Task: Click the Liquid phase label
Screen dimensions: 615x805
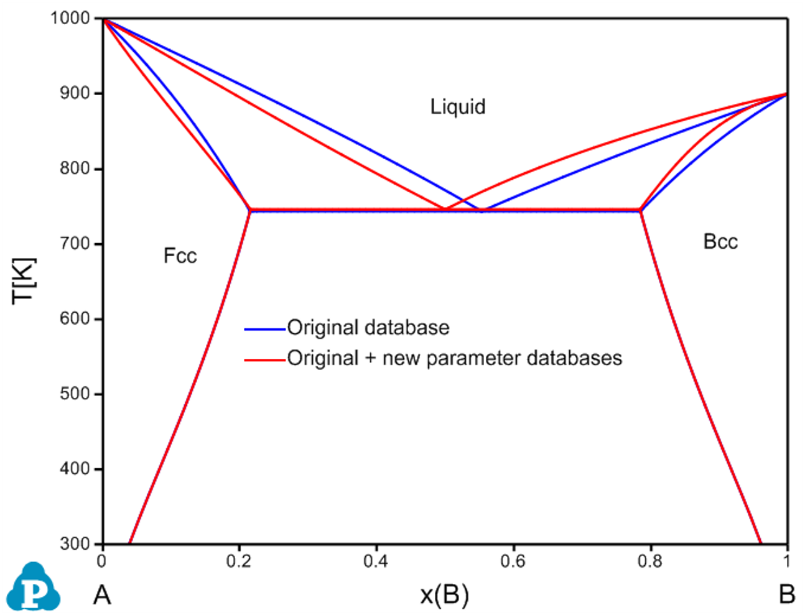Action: (458, 106)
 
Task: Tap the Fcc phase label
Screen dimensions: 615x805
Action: (180, 256)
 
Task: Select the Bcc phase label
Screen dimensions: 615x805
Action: (720, 241)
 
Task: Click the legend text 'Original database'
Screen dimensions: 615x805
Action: (368, 328)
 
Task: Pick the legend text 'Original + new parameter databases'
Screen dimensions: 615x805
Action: (455, 358)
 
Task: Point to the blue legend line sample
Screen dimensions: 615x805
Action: (265, 329)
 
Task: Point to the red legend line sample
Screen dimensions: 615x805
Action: (265, 359)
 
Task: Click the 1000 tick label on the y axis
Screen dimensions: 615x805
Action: (70, 18)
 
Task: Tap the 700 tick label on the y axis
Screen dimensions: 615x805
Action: (75, 244)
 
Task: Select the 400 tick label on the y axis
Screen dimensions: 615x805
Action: (75, 469)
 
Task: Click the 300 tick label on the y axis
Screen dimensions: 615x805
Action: (75, 544)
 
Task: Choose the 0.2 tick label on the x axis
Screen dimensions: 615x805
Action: (239, 562)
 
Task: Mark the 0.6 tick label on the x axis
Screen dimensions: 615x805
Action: (513, 562)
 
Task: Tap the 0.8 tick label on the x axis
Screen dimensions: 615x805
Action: (650, 562)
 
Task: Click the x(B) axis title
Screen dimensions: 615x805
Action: (444, 595)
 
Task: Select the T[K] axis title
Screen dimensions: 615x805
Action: (24, 280)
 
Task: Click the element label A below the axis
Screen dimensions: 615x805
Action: (102, 596)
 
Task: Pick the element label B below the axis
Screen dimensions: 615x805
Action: (786, 595)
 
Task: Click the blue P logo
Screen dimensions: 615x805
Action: (35, 587)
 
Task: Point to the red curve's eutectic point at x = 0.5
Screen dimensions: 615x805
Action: (445, 209)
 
